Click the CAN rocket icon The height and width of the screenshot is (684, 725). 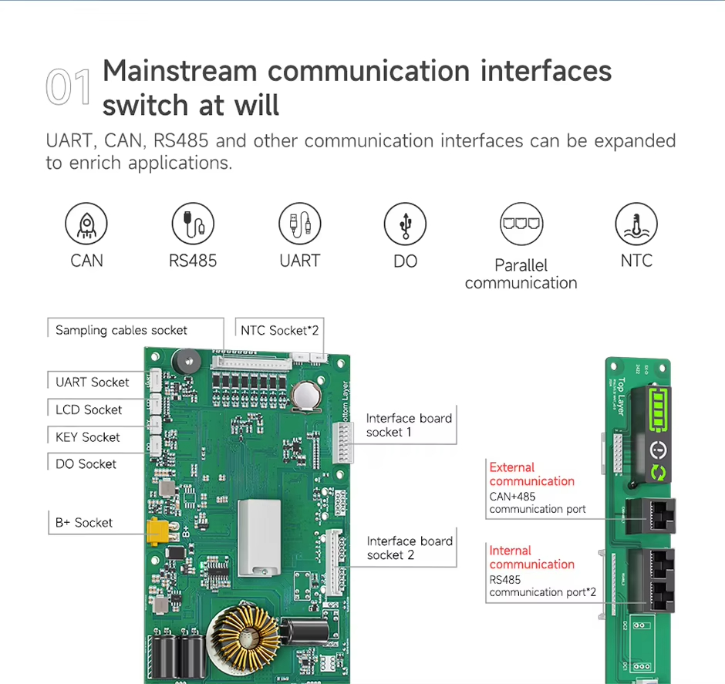[86, 224]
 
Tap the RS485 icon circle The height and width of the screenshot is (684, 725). [193, 224]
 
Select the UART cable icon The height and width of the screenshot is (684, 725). [299, 224]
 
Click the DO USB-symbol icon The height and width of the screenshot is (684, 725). [405, 224]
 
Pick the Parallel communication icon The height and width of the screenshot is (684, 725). [521, 224]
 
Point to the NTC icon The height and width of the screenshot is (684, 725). [636, 224]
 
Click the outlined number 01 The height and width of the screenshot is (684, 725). [69, 87]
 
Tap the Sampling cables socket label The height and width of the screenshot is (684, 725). [121, 330]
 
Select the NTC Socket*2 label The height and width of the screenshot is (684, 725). [279, 330]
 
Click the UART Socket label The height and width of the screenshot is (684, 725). [93, 382]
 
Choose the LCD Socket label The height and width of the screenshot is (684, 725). [89, 409]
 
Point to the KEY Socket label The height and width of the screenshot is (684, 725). [88, 437]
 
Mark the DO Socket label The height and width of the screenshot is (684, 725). [86, 463]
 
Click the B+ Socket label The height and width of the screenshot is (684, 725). [84, 522]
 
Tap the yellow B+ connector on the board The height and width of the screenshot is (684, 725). [158, 530]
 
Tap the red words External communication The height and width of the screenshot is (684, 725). [531, 474]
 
